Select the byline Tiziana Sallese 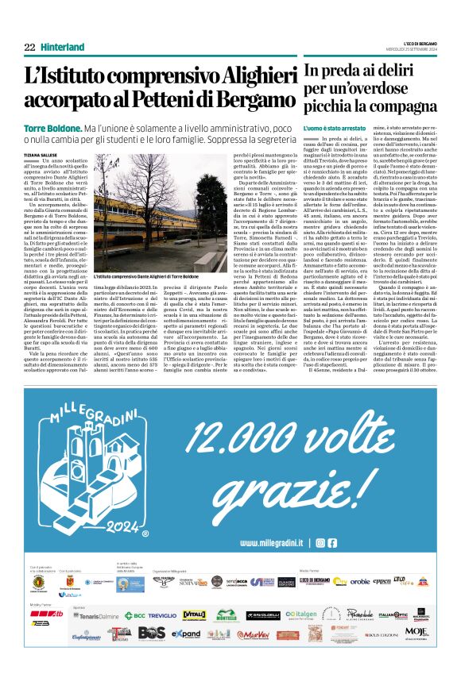(41, 155)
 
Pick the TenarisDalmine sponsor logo (95, 615)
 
